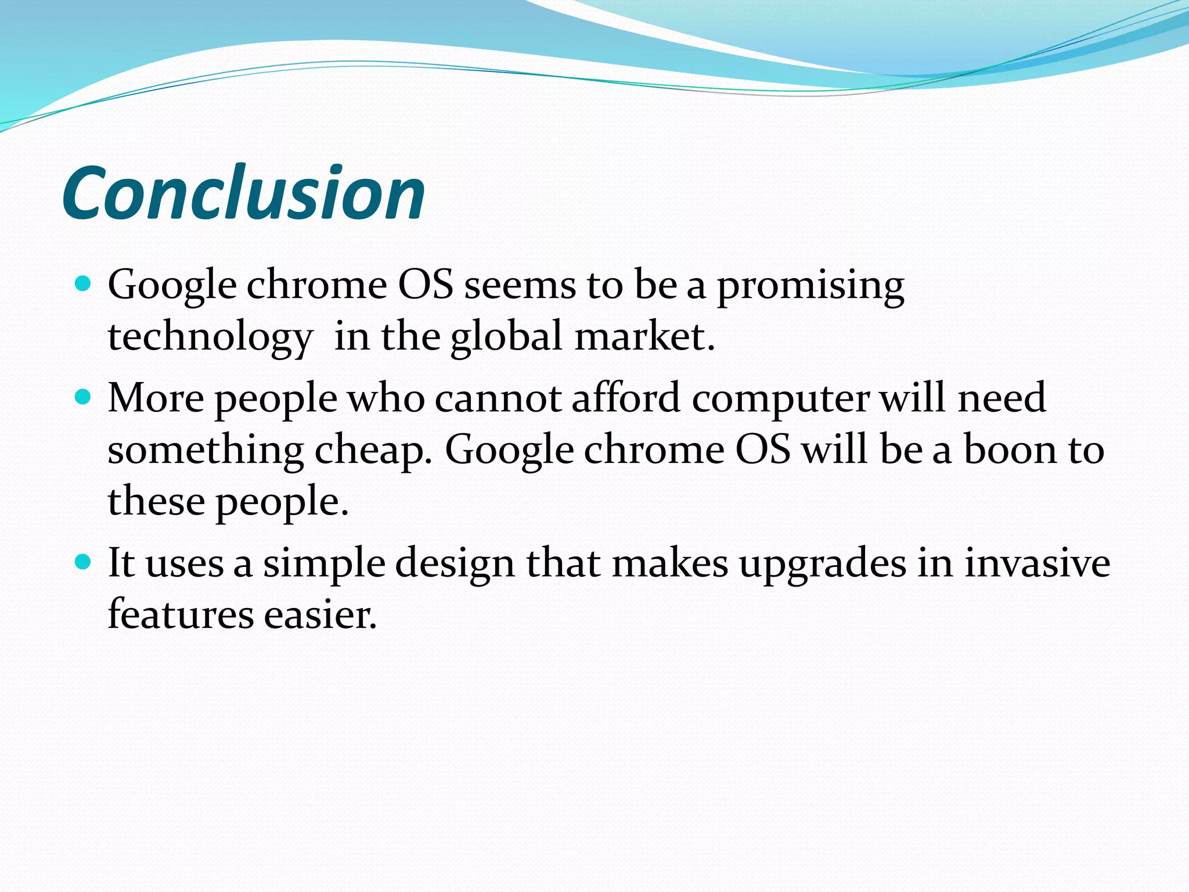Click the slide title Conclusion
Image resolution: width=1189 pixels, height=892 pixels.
pos(244,193)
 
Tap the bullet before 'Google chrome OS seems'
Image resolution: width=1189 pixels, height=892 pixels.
pos(84,284)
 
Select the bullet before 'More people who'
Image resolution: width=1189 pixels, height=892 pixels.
pos(84,397)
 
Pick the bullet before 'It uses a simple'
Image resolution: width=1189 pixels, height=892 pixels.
pos(84,562)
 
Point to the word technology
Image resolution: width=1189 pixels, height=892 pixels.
pos(210,337)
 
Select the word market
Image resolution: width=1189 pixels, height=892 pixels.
pos(644,337)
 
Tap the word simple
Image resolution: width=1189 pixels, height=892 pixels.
pos(324,564)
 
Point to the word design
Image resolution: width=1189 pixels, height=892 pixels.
pos(455,564)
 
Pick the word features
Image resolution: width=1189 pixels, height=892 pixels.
pos(181,614)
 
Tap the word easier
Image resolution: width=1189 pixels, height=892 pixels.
pos(320,614)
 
